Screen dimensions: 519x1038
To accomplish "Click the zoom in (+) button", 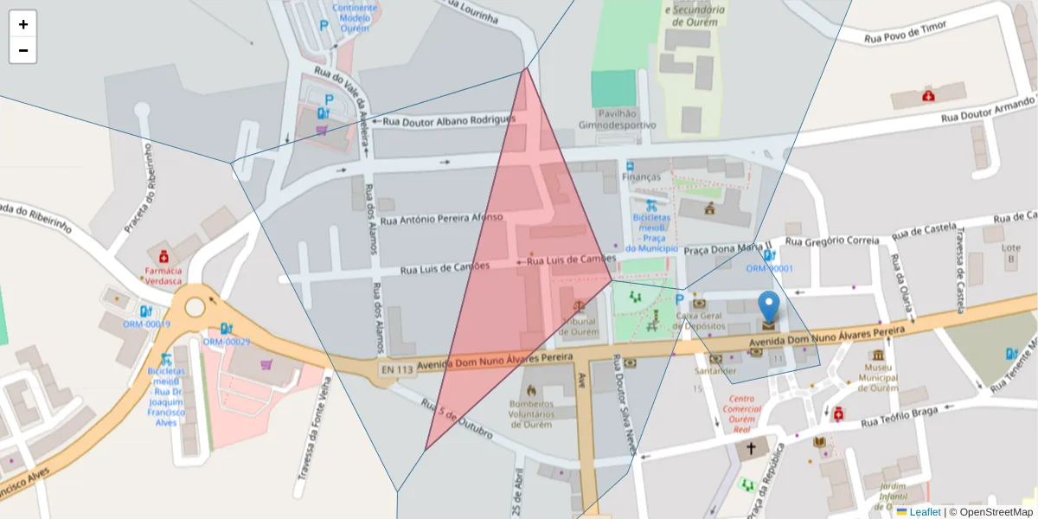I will tap(23, 24).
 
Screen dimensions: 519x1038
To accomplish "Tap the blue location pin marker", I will tap(768, 310).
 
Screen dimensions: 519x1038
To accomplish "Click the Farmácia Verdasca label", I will tap(163, 275).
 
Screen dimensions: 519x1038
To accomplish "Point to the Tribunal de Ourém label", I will tap(579, 326).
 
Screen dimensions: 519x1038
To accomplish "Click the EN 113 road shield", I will tap(396, 369).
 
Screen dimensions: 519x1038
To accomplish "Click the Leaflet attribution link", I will tap(925, 512).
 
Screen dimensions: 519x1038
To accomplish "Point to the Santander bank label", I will tap(715, 370).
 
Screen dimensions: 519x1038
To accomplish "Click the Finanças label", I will tap(641, 176).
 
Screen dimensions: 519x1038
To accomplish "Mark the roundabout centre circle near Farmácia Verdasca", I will tap(195, 307).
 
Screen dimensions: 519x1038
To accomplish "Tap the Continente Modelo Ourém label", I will tap(361, 17).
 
